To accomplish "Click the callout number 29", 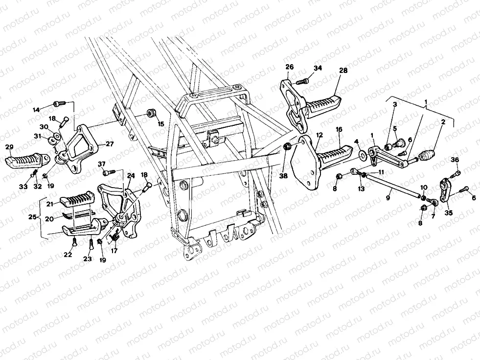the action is [9, 147].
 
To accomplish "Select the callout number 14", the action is [36, 110].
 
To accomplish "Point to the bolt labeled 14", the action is [58, 103].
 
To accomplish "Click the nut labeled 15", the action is [152, 114].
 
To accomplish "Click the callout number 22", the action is [68, 255].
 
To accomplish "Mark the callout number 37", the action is [102, 164].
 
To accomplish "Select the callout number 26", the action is [289, 67].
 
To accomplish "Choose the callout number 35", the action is [449, 213].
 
